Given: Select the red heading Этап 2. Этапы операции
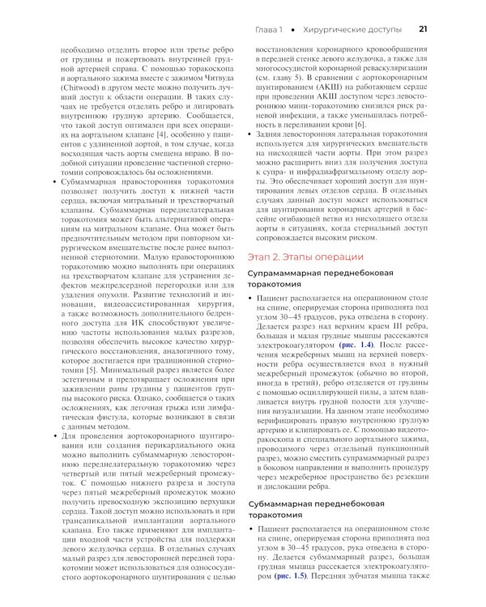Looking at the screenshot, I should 301,257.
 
